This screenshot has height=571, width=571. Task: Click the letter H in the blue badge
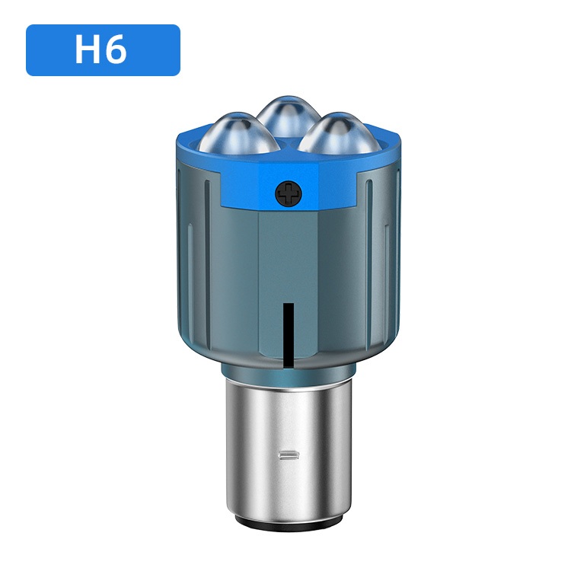88,49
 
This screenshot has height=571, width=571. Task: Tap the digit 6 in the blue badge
116,50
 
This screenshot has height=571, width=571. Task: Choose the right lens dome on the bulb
339,133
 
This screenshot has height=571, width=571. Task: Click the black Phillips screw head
289,193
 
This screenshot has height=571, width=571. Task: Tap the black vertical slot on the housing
289,333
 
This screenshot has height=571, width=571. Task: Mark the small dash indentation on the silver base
289,455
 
